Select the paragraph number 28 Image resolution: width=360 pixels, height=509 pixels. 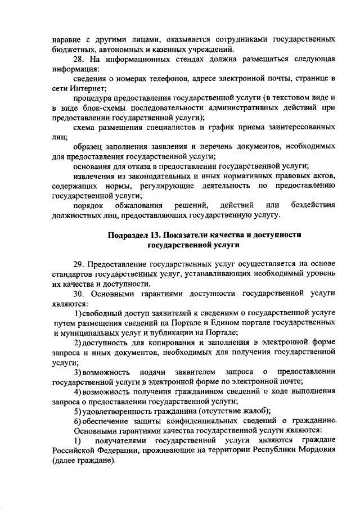point(79,60)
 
